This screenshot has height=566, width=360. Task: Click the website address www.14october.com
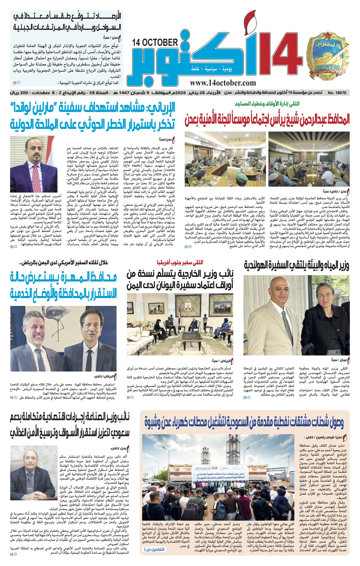click(x=223, y=83)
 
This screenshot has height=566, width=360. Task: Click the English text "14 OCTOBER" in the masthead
click(x=155, y=43)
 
